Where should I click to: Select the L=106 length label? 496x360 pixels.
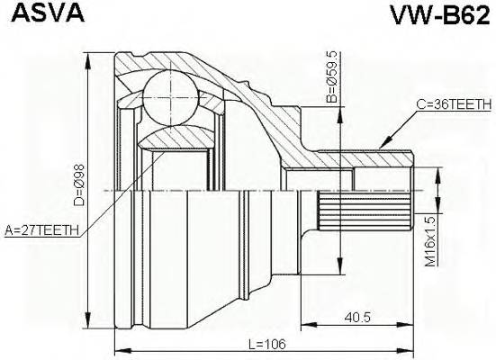coord(263,343)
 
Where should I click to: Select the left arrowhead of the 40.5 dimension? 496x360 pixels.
coord(303,323)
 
